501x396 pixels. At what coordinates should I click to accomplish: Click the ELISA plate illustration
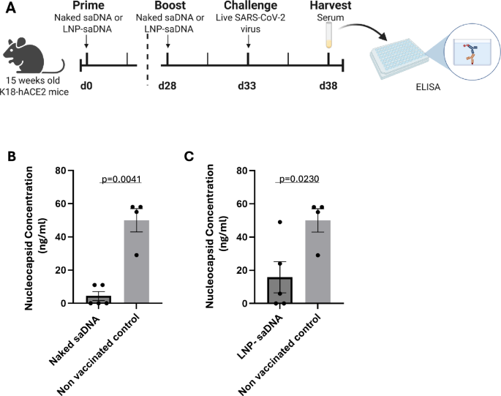click(400, 63)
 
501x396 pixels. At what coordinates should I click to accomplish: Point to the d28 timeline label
click(169, 85)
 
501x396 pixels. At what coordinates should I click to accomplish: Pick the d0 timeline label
click(86, 85)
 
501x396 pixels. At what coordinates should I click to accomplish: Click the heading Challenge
click(249, 6)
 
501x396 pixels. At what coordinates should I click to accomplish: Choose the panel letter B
click(10, 157)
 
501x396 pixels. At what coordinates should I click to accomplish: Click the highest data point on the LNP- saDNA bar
click(279, 222)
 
